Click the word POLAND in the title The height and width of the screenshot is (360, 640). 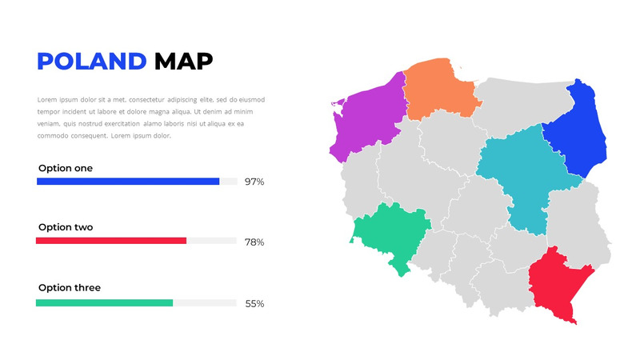point(92,61)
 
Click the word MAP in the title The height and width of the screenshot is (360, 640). point(183,61)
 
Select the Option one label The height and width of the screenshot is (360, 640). point(66,168)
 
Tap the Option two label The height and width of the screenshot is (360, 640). point(66,227)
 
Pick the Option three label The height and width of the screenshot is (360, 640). point(70,287)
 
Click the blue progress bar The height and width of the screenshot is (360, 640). point(128,182)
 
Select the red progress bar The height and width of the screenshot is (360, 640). point(111,241)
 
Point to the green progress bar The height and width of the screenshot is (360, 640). point(104,302)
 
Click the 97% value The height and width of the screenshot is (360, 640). point(254,182)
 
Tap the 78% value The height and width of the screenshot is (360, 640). point(254,242)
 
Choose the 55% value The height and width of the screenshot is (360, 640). point(254,303)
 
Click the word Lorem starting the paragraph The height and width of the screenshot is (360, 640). point(48,100)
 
